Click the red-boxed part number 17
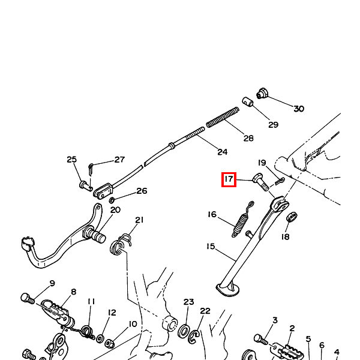click(x=228, y=179)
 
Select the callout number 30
click(x=298, y=109)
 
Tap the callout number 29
click(x=273, y=125)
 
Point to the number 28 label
click(x=248, y=138)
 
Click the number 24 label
click(x=222, y=152)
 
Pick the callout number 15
click(x=211, y=246)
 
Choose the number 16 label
click(x=212, y=214)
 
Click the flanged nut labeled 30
click(x=262, y=93)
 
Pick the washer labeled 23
click(x=185, y=331)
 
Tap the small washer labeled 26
click(x=112, y=199)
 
